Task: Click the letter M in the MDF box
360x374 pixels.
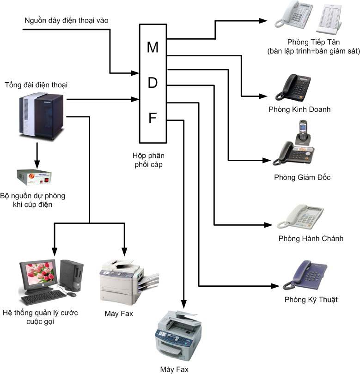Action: (153, 47)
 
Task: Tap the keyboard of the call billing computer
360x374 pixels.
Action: (44, 298)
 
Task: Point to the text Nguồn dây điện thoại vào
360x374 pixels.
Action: (67, 20)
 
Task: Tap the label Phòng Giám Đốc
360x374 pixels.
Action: (302, 177)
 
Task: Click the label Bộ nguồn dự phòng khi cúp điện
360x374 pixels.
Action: (39, 199)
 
